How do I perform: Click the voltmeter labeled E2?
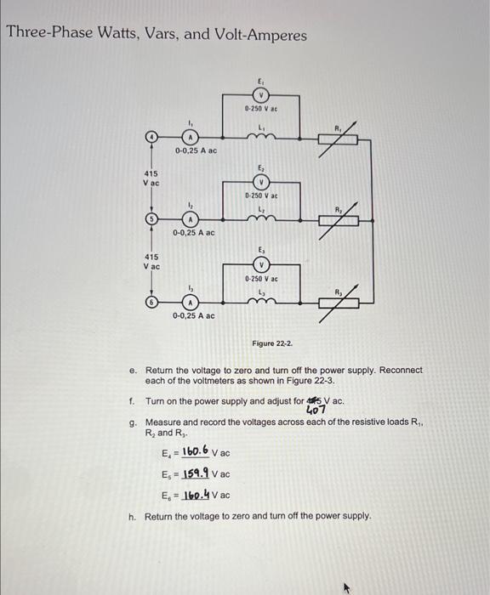261,183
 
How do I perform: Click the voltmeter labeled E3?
261,264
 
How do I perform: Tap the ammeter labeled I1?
192,136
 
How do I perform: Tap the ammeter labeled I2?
192,219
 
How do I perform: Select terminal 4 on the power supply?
151,136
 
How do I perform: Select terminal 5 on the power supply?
151,219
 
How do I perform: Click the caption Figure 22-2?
272,343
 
